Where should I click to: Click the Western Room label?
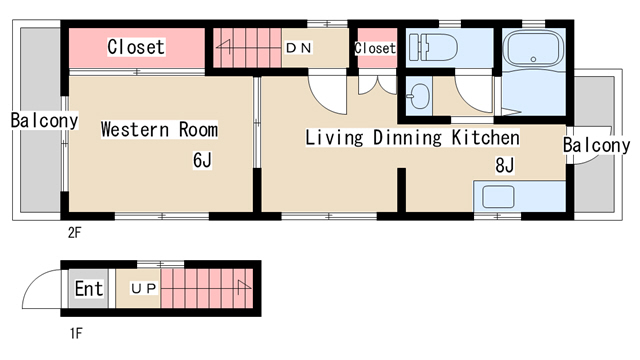159,129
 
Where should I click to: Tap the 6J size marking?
202,160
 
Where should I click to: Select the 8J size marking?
504,165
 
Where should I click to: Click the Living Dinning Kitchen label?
413,137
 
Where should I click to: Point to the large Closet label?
136,47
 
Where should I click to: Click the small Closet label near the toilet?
375,48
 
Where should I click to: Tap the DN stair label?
299,48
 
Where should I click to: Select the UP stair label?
144,289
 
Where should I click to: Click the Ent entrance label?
89,289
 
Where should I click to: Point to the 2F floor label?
75,233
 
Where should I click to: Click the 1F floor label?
76,333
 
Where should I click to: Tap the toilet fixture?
433,47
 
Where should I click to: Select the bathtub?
533,49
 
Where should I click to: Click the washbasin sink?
418,96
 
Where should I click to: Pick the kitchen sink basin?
498,196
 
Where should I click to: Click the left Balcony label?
44,120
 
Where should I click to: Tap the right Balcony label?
596,145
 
